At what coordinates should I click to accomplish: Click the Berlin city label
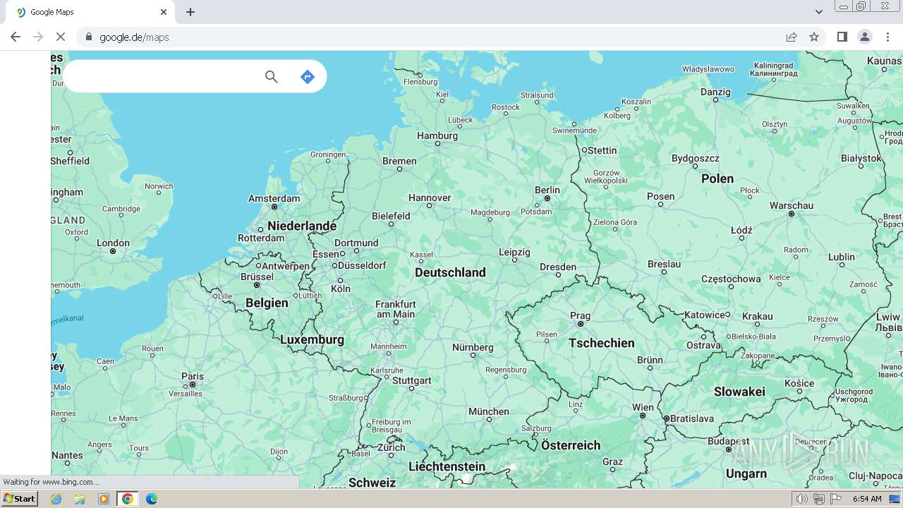tap(547, 190)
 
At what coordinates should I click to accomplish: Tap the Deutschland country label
tap(450, 272)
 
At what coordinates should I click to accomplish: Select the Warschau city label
tap(792, 205)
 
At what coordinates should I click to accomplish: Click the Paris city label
tap(192, 376)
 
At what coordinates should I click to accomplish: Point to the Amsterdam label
tap(274, 198)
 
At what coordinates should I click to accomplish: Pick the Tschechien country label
tap(602, 343)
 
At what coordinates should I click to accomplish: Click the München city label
tap(488, 411)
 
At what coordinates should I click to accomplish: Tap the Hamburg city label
tap(437, 135)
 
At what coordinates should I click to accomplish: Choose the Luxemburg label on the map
tap(312, 339)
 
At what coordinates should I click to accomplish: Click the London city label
tap(113, 243)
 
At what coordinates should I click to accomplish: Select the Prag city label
tap(580, 315)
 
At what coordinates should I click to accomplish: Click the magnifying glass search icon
tap(272, 76)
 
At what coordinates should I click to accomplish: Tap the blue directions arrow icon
tap(307, 76)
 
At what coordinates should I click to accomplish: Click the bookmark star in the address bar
tap(814, 37)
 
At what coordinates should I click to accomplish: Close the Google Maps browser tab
tap(164, 12)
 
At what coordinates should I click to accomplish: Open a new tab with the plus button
tap(190, 12)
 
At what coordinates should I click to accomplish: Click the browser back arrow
tap(16, 37)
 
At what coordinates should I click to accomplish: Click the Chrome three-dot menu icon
tap(888, 37)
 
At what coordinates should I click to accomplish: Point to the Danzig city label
tap(715, 92)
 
